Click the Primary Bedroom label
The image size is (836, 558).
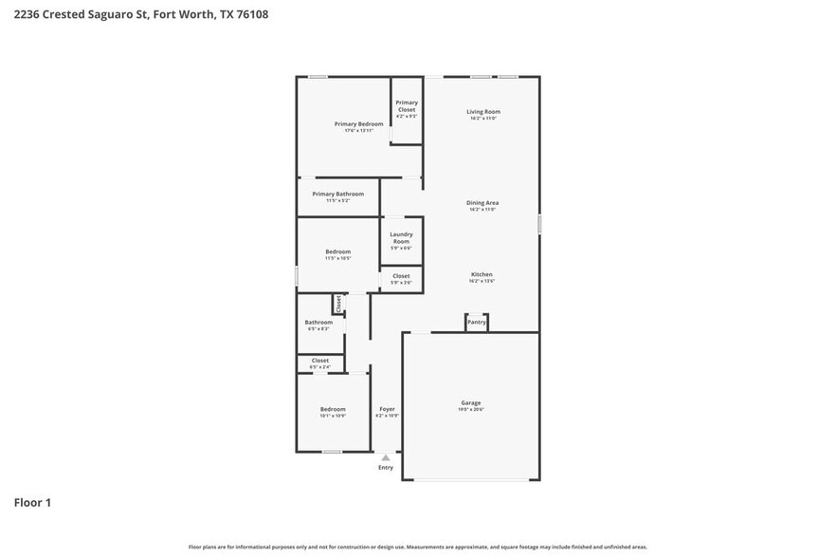358,123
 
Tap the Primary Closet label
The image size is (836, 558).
407,105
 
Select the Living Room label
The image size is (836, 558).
482,112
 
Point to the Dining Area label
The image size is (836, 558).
482,202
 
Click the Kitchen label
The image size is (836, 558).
482,274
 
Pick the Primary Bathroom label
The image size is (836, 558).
337,194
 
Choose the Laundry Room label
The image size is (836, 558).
401,237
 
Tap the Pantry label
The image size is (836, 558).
477,323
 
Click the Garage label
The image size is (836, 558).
471,402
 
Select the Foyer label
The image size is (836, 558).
387,409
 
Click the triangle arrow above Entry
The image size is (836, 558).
386,457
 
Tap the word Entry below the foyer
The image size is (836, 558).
386,468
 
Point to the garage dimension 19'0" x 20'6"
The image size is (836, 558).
471,409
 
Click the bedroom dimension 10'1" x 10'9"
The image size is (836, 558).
332,416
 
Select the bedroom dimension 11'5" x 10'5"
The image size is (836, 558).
338,258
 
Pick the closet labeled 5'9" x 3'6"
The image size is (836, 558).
401,282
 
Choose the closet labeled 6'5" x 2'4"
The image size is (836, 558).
320,366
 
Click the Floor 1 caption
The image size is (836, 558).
32,502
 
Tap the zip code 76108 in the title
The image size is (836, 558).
249,14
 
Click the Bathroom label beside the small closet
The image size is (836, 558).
318,322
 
